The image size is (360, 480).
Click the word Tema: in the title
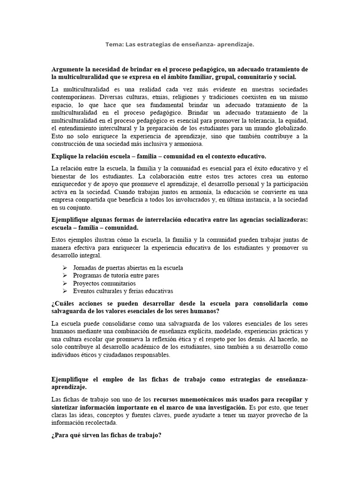pos(114,44)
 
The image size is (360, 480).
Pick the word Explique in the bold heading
pos(65,156)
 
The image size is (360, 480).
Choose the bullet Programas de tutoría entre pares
pos(116,276)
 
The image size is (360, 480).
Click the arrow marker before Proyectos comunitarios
pos(65,284)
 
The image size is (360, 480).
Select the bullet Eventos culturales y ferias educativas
pos(123,291)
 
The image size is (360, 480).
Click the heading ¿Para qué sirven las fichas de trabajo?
pos(106,435)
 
